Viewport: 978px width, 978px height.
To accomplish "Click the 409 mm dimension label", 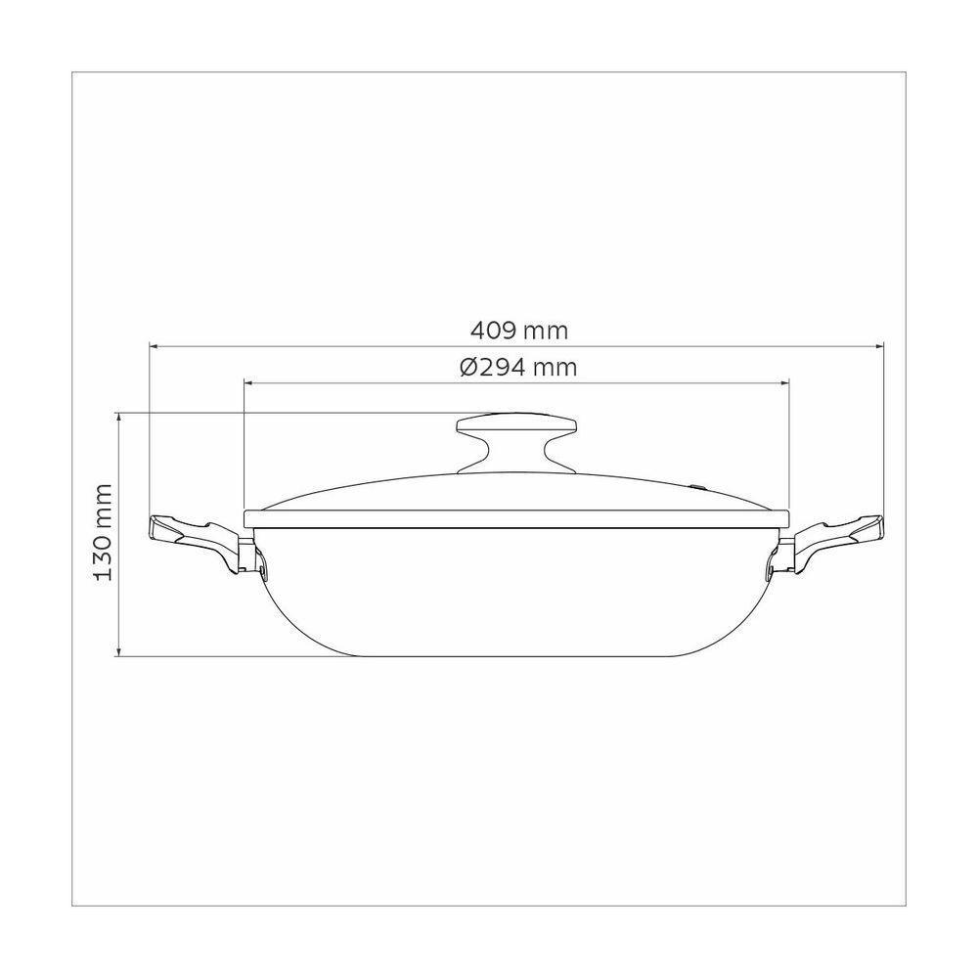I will tap(517, 331).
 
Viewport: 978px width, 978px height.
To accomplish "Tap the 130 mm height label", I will tap(105, 533).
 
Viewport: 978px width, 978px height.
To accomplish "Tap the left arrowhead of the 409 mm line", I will tap(154, 344).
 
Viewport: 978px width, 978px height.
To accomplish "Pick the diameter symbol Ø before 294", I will tap(467, 368).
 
